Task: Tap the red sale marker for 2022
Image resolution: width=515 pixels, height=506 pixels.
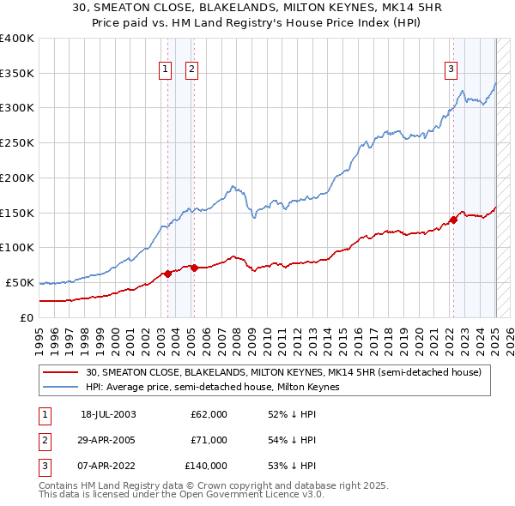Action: pos(453,220)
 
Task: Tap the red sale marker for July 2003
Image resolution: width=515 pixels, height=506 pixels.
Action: pos(168,274)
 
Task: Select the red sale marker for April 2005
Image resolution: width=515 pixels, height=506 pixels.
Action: pos(195,268)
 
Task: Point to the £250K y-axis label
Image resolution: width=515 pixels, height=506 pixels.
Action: pos(16,143)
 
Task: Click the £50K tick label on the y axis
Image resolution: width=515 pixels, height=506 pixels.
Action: pos(19,282)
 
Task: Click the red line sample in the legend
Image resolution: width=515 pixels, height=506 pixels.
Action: pos(60,372)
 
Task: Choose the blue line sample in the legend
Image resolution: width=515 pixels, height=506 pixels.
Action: pos(60,387)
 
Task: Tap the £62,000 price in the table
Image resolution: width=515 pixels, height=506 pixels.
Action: pos(209,414)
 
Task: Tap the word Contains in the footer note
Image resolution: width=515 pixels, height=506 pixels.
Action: pos(59,485)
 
